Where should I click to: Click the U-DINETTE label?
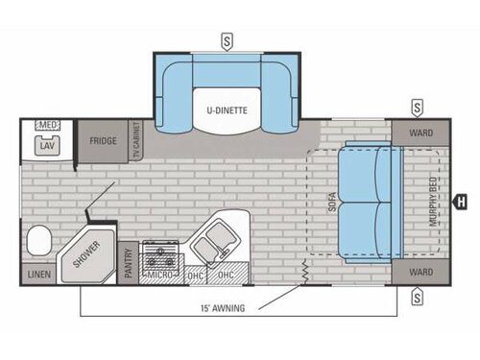tap(226, 109)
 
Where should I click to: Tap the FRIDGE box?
tap(103, 141)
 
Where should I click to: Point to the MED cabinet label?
tap(46, 126)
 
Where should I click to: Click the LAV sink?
tap(46, 145)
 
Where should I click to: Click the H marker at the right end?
tap(461, 202)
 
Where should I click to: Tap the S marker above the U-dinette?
tap(226, 40)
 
